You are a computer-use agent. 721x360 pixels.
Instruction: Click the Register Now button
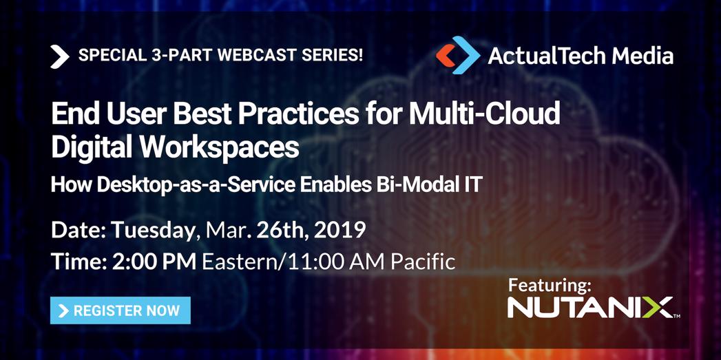point(121,310)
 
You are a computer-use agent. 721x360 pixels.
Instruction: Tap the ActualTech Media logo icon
point(457,55)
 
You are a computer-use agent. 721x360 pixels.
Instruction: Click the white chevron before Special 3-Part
point(60,56)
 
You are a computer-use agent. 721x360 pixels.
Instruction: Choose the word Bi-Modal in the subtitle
point(403,184)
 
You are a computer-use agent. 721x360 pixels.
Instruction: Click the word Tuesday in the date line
point(153,230)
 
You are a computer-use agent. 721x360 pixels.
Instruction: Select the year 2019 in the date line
point(339,230)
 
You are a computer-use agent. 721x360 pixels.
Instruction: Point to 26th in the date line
point(281,230)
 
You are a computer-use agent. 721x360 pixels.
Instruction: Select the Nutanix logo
point(592,308)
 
